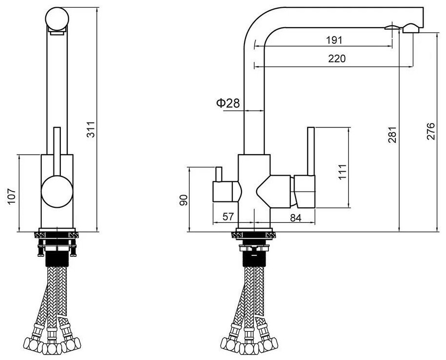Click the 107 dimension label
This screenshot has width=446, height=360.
coord(13,198)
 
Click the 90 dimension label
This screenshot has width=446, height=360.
coord(183,200)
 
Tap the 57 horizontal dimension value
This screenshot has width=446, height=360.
coord(228,217)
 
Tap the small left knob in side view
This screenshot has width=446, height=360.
coord(225,191)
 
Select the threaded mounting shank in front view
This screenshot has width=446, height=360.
coord(56,255)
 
